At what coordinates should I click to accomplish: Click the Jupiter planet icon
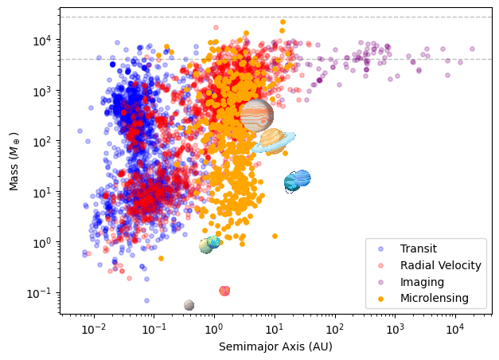pyautogui.click(x=256, y=115)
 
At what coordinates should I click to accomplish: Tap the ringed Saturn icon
pyautogui.click(x=273, y=141)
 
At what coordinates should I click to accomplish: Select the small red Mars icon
pyautogui.click(x=224, y=291)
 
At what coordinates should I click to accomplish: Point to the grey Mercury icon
pyautogui.click(x=189, y=305)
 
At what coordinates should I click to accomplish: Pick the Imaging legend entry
pyautogui.click(x=422, y=282)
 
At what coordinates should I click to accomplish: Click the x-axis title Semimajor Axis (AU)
pyautogui.click(x=275, y=347)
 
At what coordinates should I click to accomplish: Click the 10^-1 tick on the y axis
pyautogui.click(x=41, y=292)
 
